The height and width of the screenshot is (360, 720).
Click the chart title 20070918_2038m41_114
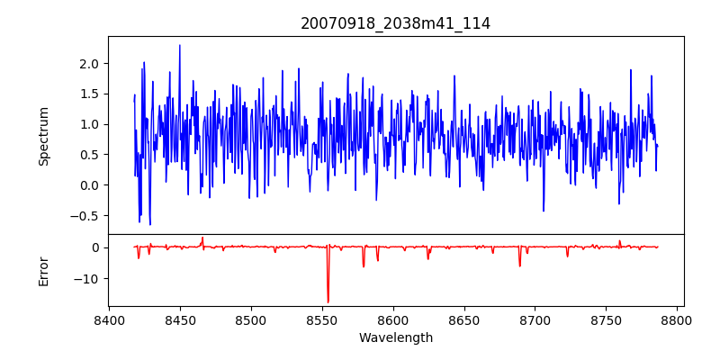tap(395, 23)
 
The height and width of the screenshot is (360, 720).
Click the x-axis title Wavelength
tap(395, 337)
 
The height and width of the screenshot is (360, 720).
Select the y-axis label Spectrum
tap(44, 136)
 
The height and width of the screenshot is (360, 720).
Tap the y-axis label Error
tap(44, 270)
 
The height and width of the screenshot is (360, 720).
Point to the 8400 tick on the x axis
tap(109, 320)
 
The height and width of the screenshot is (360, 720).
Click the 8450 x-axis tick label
tap(180, 320)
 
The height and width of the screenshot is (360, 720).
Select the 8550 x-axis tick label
tap(322, 320)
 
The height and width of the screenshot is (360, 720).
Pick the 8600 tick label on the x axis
tap(393, 320)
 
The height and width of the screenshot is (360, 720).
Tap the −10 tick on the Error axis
tap(86, 278)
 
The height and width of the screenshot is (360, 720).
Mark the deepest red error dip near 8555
tap(328, 301)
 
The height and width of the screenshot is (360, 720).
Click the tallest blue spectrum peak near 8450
tap(180, 45)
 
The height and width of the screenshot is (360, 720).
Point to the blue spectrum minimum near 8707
tap(544, 211)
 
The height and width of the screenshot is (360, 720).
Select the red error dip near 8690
tap(519, 265)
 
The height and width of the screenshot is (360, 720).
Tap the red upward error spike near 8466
tap(202, 238)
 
